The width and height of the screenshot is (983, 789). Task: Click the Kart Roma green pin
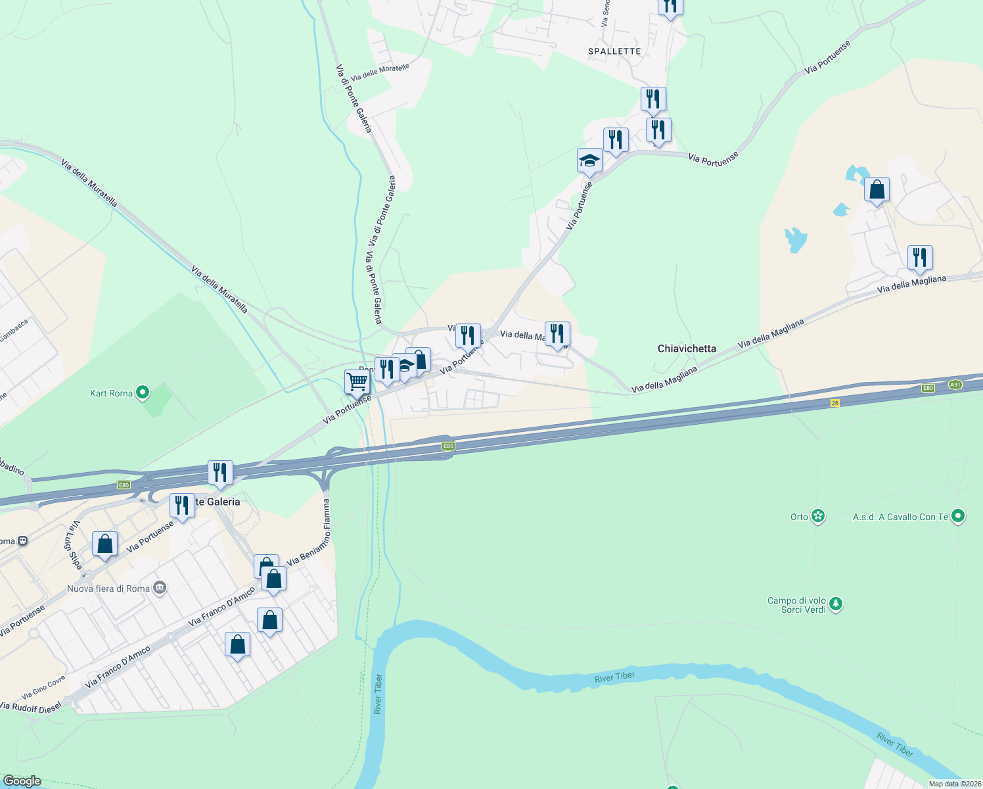pyautogui.click(x=143, y=393)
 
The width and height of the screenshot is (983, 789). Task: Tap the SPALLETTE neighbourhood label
pyautogui.click(x=614, y=51)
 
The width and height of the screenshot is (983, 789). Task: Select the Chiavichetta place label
pyautogui.click(x=687, y=348)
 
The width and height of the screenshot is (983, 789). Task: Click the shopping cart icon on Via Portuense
pyautogui.click(x=357, y=381)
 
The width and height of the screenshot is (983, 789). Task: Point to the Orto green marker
pyautogui.click(x=818, y=517)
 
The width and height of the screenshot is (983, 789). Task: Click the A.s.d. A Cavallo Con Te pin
pyautogui.click(x=958, y=517)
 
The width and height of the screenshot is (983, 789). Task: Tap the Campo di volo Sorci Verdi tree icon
pyautogui.click(x=835, y=604)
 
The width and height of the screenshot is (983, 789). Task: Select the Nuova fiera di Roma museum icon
pyautogui.click(x=160, y=588)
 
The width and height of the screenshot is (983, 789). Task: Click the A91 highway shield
pyautogui.click(x=955, y=385)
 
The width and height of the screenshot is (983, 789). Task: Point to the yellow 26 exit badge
pyautogui.click(x=835, y=403)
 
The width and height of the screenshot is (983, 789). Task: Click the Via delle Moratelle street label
pyautogui.click(x=380, y=72)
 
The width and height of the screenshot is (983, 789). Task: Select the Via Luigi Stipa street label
pyautogui.click(x=73, y=545)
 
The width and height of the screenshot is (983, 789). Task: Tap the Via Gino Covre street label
pyautogui.click(x=43, y=687)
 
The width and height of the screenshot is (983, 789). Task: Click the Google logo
pyautogui.click(x=22, y=781)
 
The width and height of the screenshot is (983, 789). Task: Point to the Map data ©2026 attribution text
pyautogui.click(x=955, y=784)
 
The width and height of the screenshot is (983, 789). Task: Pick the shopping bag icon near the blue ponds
pyautogui.click(x=877, y=190)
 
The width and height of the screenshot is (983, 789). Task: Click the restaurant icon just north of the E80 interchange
pyautogui.click(x=220, y=472)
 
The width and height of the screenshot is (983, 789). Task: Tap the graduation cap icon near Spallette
pyautogui.click(x=589, y=160)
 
